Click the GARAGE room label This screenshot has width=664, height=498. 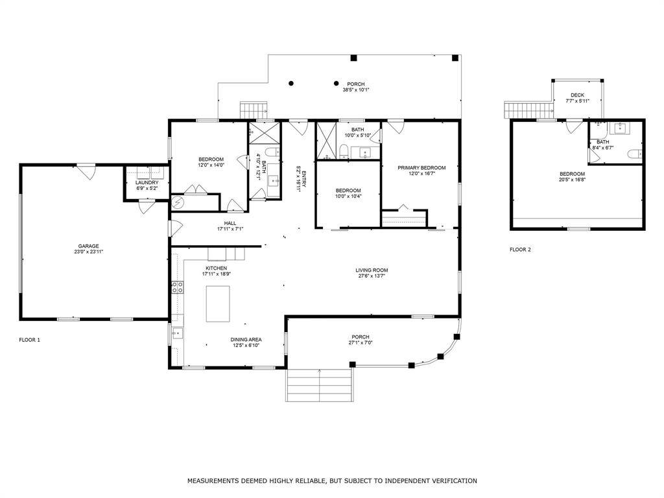(x=88, y=246)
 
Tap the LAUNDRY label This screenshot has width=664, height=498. (x=147, y=182)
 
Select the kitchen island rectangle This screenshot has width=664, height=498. (x=218, y=304)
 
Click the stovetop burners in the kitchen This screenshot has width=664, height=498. (x=178, y=287)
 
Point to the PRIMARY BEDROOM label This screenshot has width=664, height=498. (x=421, y=168)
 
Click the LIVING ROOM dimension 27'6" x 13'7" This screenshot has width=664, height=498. (x=372, y=276)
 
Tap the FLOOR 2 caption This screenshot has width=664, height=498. (x=520, y=250)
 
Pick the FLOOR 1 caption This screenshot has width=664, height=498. (x=30, y=340)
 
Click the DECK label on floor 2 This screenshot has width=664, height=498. (x=577, y=95)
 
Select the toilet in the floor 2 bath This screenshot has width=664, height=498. (x=635, y=154)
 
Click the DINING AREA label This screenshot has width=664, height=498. (x=246, y=340)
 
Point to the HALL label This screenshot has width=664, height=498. (x=230, y=223)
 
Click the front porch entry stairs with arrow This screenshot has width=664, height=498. (x=319, y=385)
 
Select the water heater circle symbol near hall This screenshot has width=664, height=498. (x=178, y=203)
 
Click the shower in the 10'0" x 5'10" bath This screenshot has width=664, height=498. (x=326, y=141)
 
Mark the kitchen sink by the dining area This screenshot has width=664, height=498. (x=178, y=333)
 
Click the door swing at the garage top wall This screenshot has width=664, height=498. (x=87, y=171)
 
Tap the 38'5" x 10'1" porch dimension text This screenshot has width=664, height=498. (x=356, y=89)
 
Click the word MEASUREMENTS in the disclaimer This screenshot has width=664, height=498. (x=213, y=480)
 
